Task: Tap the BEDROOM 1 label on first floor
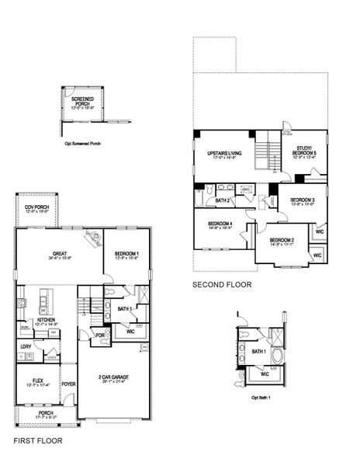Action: click(x=126, y=254)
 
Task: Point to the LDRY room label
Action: click(x=26, y=346)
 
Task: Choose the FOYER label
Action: click(x=69, y=383)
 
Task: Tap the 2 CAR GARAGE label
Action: click(x=113, y=378)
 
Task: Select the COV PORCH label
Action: click(x=36, y=207)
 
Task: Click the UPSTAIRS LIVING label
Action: click(x=225, y=153)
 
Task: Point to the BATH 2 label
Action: click(x=223, y=200)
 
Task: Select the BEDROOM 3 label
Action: click(x=303, y=200)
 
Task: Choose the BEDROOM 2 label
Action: click(x=281, y=240)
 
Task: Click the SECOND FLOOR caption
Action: click(x=220, y=285)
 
